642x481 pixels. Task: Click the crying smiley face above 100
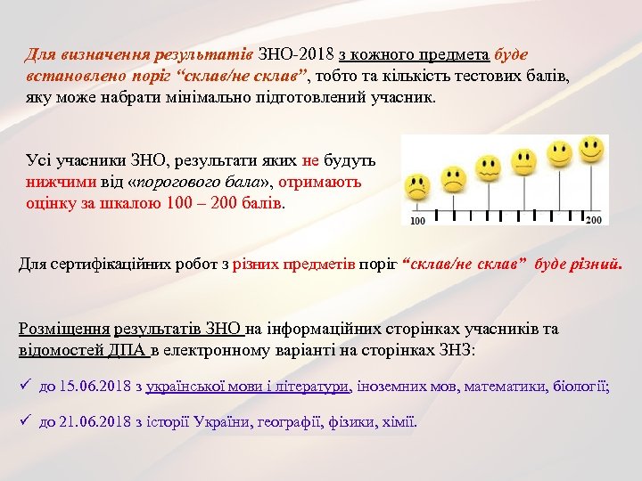(x=416, y=188)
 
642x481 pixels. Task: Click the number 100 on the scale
(x=417, y=220)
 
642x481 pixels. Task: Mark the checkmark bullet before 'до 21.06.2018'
(x=25, y=420)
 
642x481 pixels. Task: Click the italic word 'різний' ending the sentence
(x=599, y=264)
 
